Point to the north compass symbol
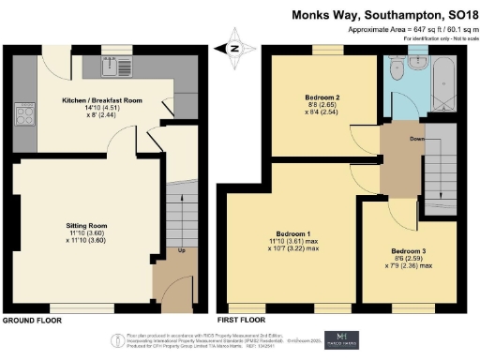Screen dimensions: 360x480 [x=234, y=44]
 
